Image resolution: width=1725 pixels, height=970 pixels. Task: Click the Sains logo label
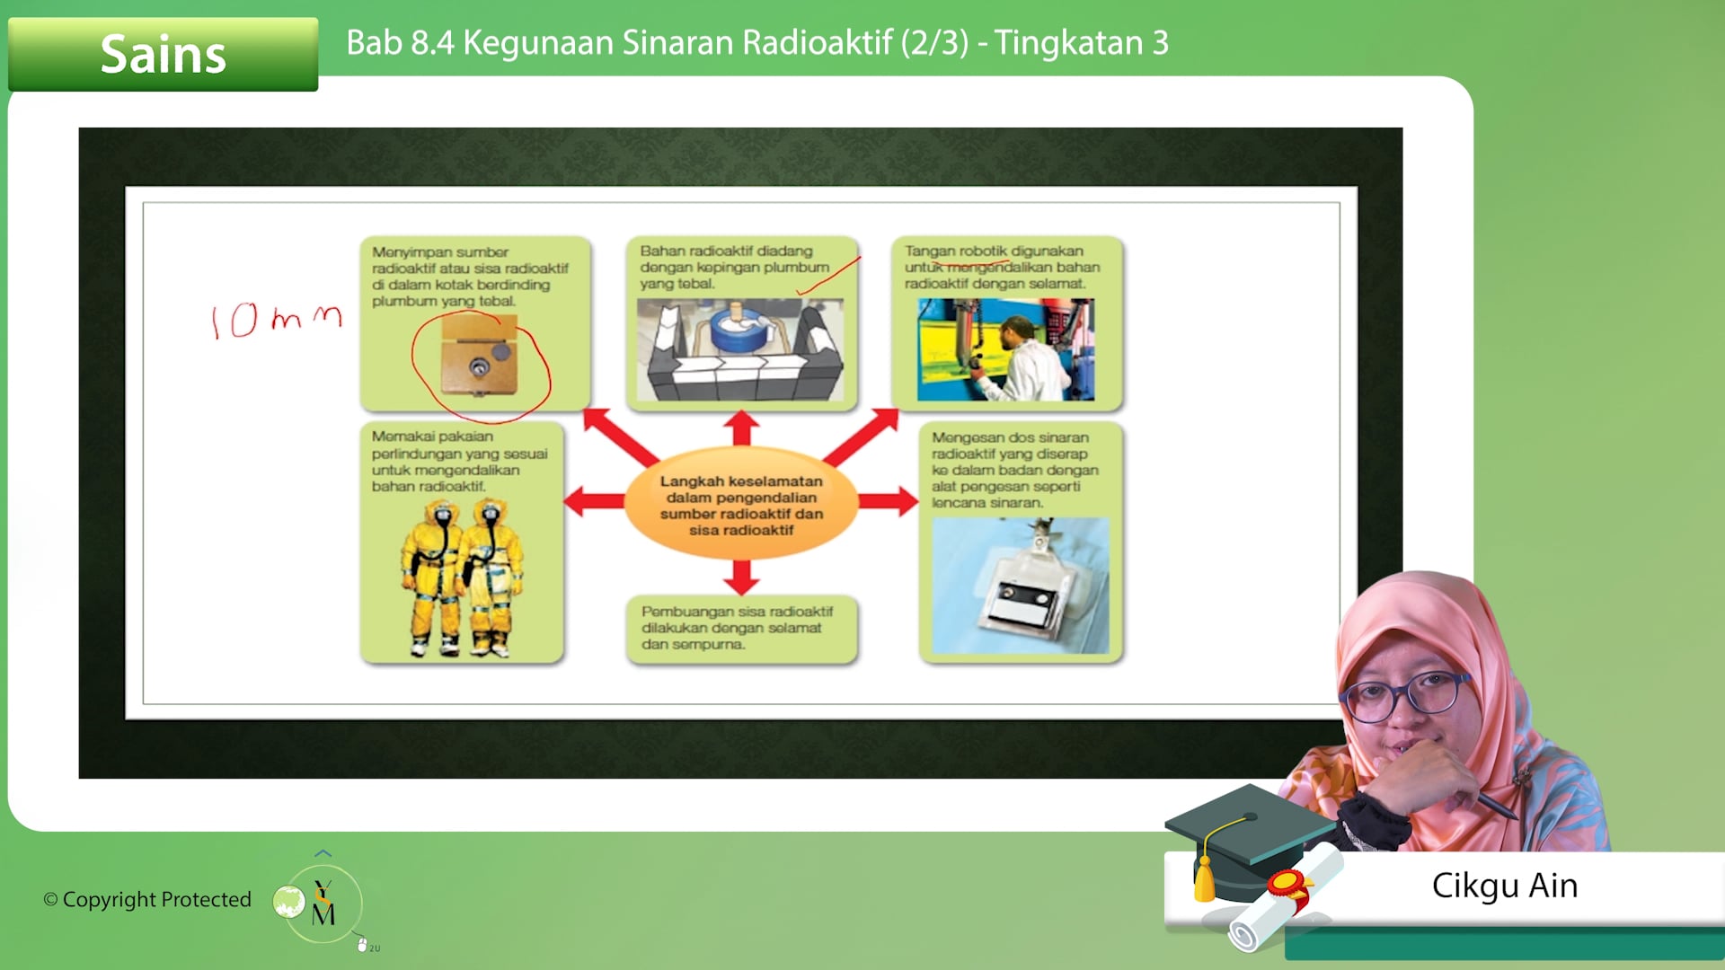pos(163,54)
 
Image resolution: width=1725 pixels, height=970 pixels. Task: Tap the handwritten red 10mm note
pos(276,320)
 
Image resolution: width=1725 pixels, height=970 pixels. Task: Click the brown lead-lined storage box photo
pos(479,357)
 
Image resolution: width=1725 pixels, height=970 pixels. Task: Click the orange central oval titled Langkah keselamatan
pos(741,505)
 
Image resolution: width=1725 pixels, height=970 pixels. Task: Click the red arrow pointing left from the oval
pos(594,501)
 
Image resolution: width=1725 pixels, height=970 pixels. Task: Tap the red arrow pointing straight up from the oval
pos(741,428)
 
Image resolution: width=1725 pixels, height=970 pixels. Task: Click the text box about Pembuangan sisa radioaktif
pos(741,628)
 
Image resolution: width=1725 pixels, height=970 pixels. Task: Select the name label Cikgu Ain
pos(1504,886)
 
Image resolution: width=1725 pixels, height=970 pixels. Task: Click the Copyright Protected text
pos(147,899)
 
